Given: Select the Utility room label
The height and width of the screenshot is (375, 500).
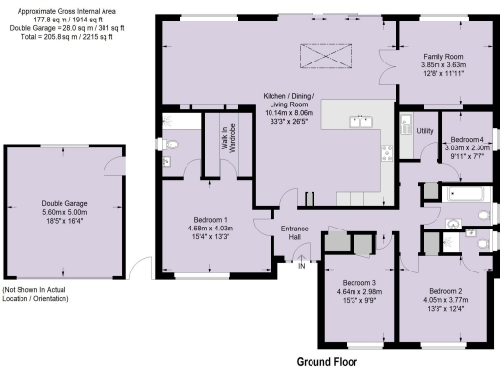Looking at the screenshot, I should point(425,130).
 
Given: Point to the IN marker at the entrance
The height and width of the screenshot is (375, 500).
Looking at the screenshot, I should point(302,265).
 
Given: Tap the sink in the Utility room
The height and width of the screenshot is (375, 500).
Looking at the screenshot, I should point(406,125).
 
